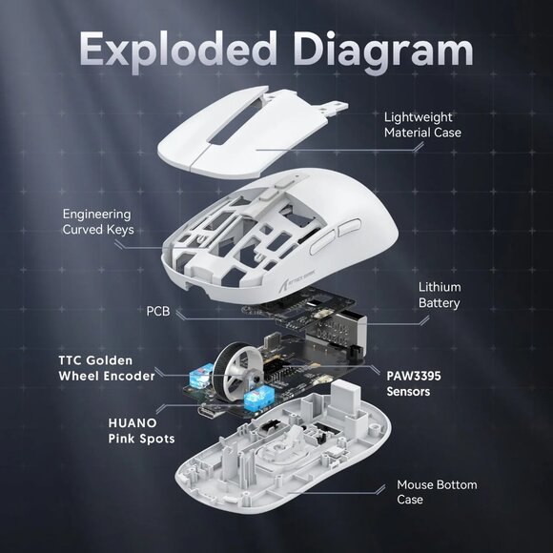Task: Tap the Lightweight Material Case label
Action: coord(422,124)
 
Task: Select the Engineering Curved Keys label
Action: coord(97,222)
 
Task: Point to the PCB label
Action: coord(158,311)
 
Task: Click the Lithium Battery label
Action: coord(440,295)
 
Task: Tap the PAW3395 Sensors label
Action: coord(414,383)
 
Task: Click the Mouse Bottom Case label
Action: coord(438,493)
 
